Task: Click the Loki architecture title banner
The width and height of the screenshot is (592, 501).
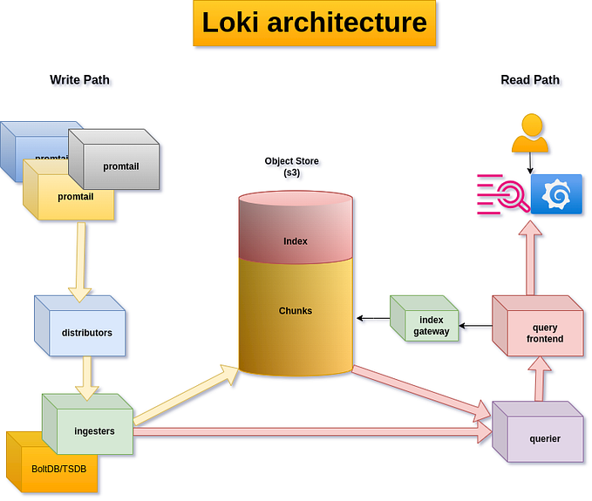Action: pyautogui.click(x=315, y=23)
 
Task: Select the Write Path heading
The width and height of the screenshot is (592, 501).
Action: pyautogui.click(x=80, y=80)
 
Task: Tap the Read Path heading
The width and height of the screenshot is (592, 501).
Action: pyautogui.click(x=530, y=80)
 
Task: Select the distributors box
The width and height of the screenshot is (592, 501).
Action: pyautogui.click(x=85, y=332)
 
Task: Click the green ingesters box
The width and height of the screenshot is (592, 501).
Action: pyautogui.click(x=92, y=430)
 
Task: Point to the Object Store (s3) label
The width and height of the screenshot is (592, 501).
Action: pyautogui.click(x=291, y=167)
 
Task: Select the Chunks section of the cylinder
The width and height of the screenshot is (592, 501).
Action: pyautogui.click(x=296, y=310)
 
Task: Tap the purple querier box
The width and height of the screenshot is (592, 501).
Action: pyautogui.click(x=542, y=438)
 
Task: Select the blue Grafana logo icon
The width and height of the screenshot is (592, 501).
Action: pyautogui.click(x=555, y=195)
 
